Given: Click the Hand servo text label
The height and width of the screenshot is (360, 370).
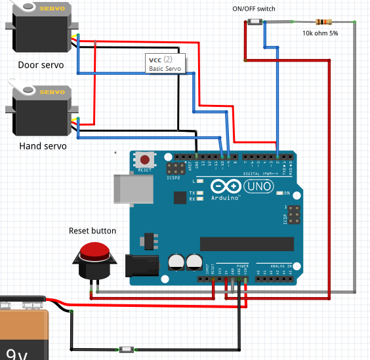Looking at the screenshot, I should pos(43,146).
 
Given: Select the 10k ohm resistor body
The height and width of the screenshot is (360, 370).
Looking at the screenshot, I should pos(323,22).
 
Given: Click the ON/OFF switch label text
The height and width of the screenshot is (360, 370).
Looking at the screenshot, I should pos(254,9).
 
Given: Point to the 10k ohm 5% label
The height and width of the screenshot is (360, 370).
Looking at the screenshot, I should pos(320,33).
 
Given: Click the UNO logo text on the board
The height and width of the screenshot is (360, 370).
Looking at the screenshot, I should pos(257,188).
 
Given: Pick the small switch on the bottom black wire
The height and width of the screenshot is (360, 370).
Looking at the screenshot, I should pos(125,350).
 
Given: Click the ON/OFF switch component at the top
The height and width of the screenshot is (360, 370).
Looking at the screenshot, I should pos(255,23).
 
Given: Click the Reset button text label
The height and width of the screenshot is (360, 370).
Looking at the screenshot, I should pos(92,231).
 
